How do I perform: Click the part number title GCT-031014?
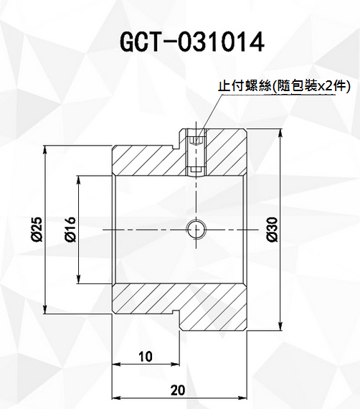192,42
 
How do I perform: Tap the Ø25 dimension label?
37,230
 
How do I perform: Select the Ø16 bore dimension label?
70,230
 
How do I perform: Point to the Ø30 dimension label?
273,230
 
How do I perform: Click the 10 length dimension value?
146,357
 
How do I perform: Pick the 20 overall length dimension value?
178,390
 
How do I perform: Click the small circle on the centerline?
196,230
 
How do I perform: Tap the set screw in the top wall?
196,154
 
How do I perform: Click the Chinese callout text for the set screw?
283,86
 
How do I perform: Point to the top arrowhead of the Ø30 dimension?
280,133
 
